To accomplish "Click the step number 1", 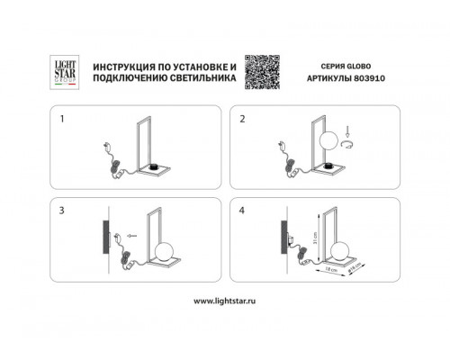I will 62,119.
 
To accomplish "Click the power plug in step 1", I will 107,151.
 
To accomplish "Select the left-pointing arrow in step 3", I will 132,236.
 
